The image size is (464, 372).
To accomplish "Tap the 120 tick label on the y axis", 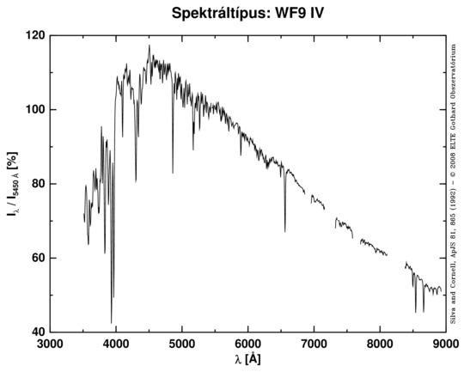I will coord(35,36).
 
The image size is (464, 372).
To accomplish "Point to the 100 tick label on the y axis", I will coord(35,110).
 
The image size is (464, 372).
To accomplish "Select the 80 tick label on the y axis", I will coord(38,184).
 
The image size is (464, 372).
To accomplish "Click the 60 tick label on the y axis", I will coord(38,258).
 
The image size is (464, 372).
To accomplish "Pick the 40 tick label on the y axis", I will coord(38,332).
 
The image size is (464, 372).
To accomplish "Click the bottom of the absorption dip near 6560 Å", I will coord(285,231).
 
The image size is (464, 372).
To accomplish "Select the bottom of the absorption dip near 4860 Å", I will coord(173,173).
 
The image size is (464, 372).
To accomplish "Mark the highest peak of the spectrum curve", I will coord(149,46).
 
